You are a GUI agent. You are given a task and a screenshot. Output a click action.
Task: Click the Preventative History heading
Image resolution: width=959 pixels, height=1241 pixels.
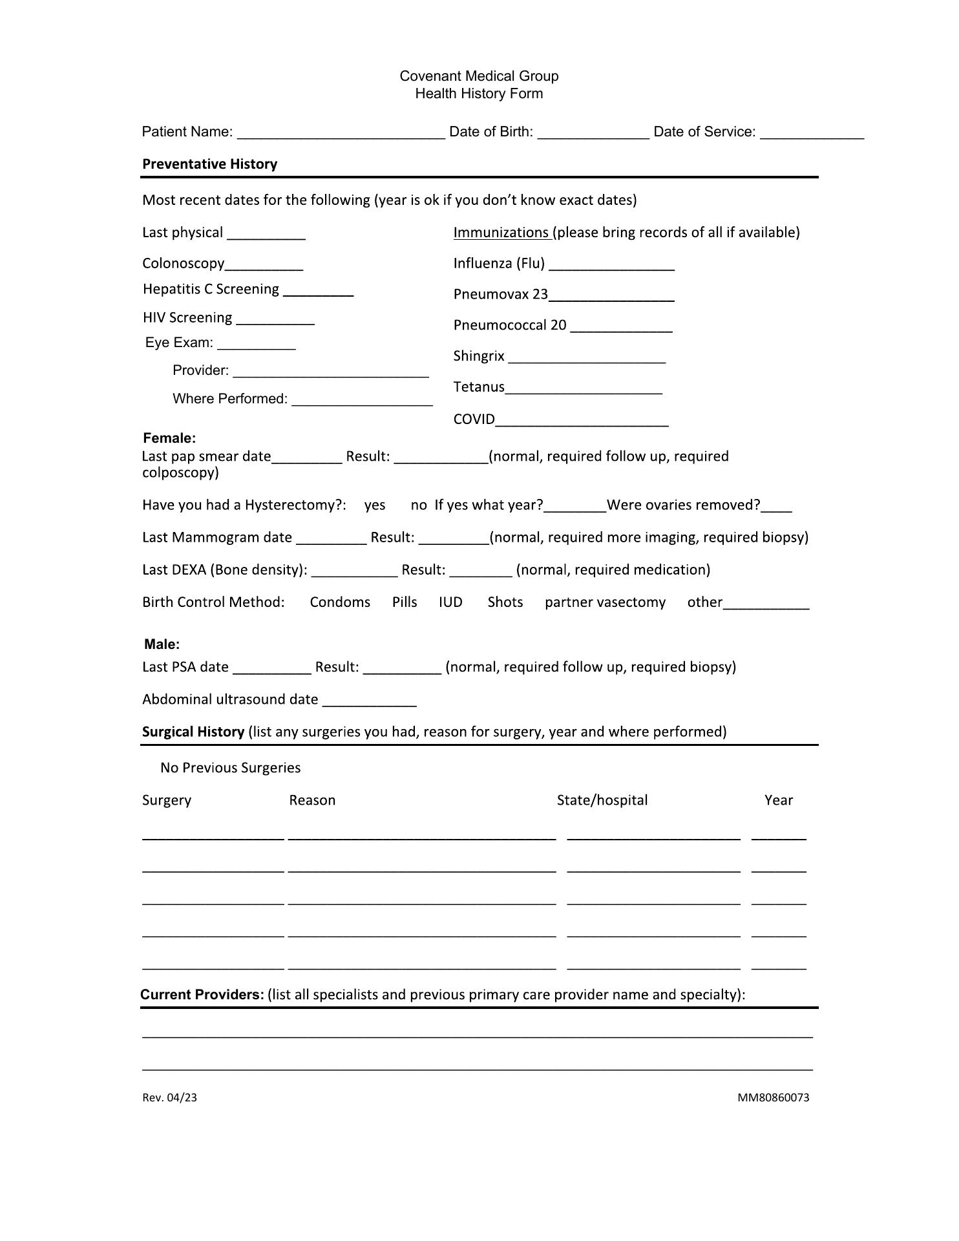[x=209, y=164]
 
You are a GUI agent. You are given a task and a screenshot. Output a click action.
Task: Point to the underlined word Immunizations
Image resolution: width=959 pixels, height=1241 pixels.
[x=501, y=233]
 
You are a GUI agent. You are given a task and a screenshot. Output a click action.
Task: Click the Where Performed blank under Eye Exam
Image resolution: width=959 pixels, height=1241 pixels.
[x=362, y=401]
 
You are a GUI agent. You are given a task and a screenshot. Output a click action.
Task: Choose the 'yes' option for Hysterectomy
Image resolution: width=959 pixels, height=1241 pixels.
[x=375, y=505]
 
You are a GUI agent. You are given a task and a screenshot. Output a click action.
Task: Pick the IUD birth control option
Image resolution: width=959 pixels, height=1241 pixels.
[x=450, y=602]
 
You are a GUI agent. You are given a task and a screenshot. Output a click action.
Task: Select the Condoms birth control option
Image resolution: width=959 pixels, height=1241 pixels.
[x=340, y=602]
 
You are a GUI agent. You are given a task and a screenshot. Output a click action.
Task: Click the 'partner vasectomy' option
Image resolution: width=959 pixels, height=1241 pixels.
[x=605, y=602]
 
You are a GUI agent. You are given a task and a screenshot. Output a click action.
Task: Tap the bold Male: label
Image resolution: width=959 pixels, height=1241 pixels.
[x=162, y=644]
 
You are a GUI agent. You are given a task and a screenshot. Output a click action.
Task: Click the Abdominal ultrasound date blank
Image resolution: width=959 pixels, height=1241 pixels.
[x=369, y=701]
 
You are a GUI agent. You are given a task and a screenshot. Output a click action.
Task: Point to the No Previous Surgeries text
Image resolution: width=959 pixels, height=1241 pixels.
[x=230, y=768]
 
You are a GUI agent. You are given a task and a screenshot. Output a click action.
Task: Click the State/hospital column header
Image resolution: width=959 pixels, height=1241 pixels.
[x=602, y=800]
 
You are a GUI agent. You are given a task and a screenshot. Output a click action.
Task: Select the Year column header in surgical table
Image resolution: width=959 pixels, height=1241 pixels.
[x=778, y=800]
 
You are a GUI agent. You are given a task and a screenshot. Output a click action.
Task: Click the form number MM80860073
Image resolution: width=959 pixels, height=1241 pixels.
[x=773, y=1098]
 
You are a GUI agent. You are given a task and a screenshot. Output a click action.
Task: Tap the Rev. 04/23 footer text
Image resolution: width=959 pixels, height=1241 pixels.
[x=169, y=1098]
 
